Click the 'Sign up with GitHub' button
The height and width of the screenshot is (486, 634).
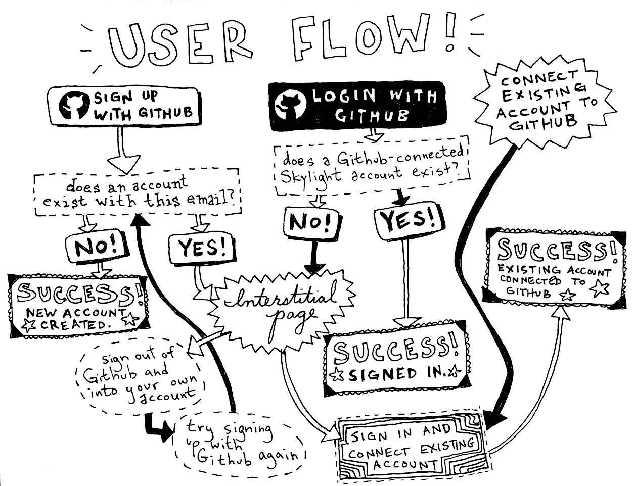tap(125, 105)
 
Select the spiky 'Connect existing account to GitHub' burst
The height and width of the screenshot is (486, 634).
tap(544, 101)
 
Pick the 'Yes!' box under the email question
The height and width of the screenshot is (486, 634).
tap(201, 249)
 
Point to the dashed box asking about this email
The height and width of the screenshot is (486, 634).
tap(137, 193)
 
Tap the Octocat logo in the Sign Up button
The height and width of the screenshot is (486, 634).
tap(73, 105)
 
